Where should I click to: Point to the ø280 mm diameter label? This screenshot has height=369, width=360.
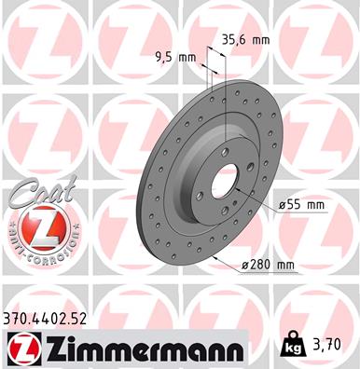267,266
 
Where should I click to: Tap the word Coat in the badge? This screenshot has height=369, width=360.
31,198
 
